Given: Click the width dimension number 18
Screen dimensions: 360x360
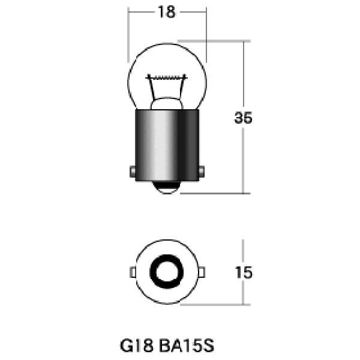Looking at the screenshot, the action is [x=167, y=12].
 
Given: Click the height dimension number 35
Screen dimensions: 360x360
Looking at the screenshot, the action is [x=243, y=118].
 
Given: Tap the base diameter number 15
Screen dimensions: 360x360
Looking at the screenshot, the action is [x=244, y=272].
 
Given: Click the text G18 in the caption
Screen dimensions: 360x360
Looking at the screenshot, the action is [x=137, y=346].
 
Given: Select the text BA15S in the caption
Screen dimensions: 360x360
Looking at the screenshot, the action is [x=187, y=346].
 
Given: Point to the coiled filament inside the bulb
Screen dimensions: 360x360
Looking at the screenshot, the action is [x=167, y=77].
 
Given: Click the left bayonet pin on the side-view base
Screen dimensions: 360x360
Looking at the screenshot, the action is [x=133, y=171].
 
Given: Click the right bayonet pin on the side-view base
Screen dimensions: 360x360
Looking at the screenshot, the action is [x=202, y=171].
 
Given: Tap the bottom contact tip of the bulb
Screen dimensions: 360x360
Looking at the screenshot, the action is [x=167, y=187].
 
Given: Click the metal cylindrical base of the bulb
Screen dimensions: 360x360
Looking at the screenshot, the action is [x=167, y=145].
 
